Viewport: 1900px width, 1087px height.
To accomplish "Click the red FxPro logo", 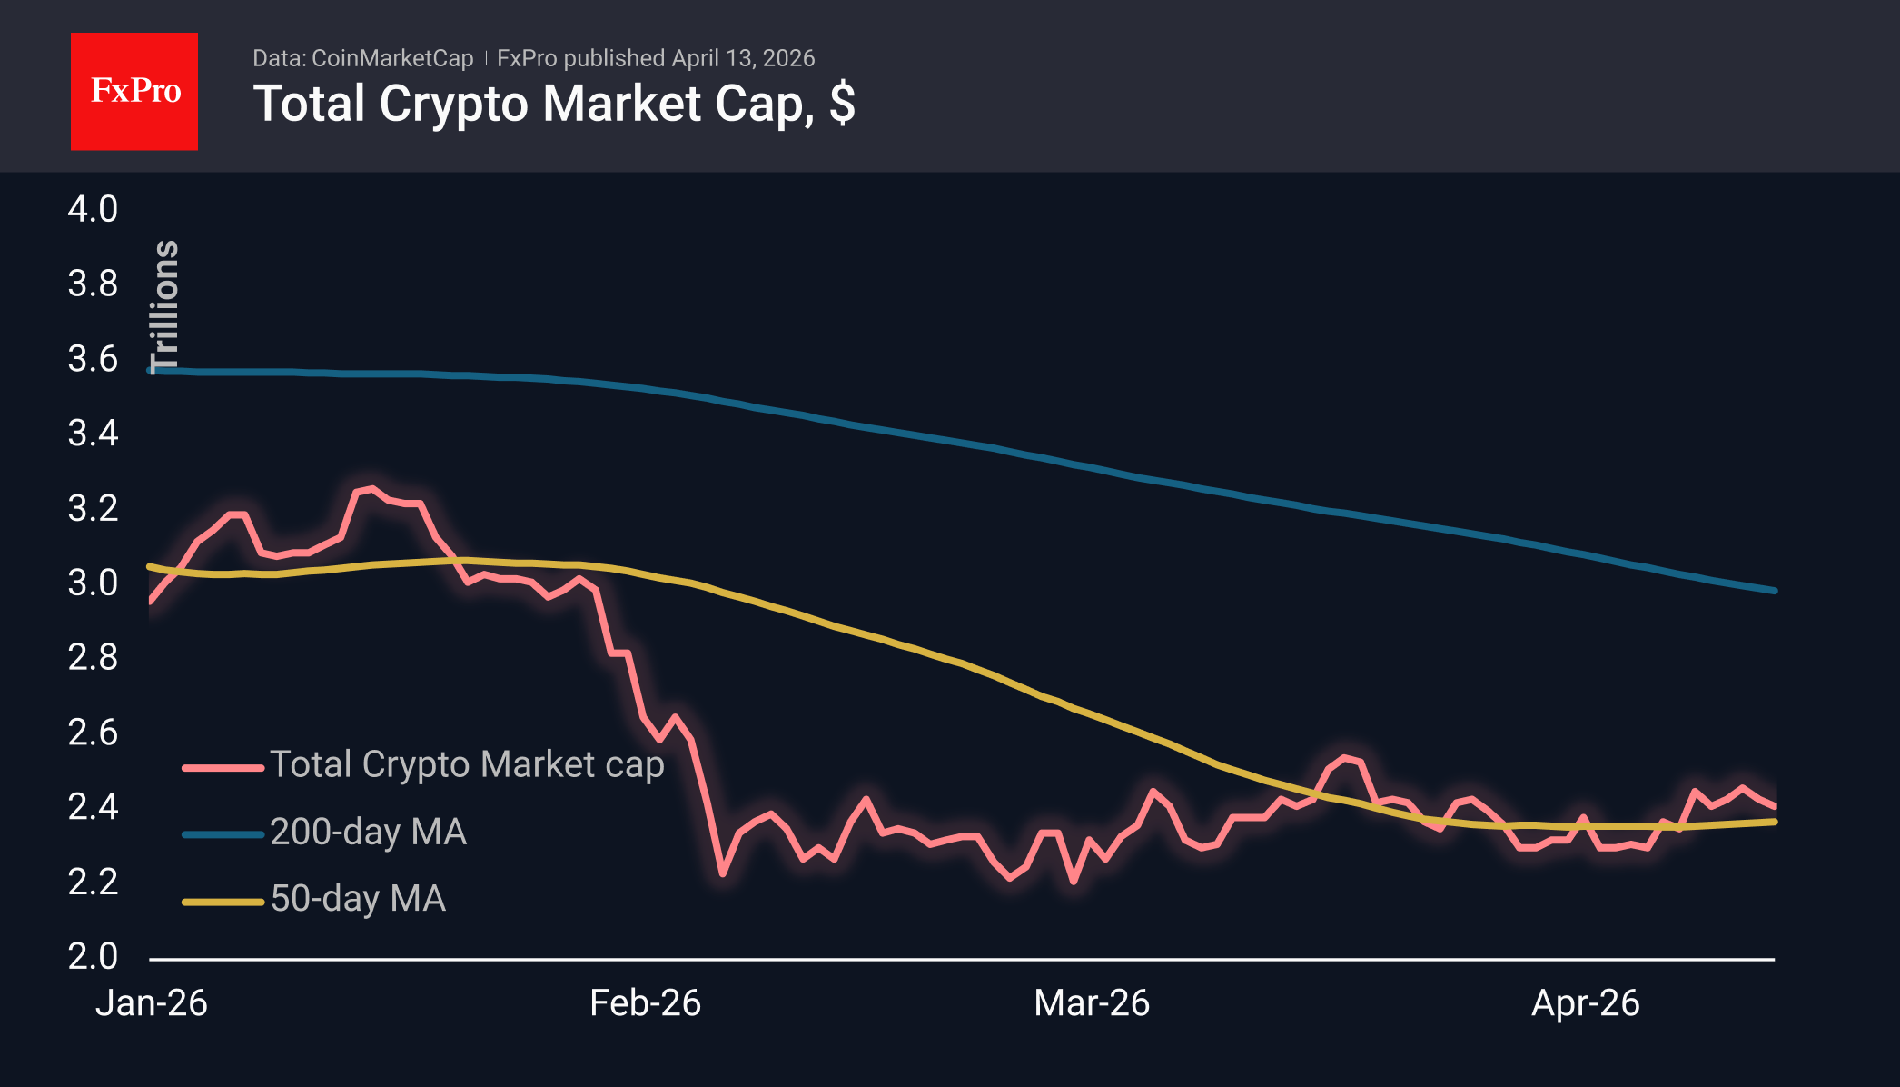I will [x=134, y=91].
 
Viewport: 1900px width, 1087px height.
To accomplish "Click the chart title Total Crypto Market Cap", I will [x=553, y=104].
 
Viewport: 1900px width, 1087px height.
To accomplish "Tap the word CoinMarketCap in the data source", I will [x=392, y=58].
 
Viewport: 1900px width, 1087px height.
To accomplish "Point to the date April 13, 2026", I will [x=743, y=58].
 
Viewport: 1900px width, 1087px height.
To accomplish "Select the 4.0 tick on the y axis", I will [x=93, y=209].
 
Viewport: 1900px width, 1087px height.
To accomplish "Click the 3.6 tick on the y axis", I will [x=93, y=359].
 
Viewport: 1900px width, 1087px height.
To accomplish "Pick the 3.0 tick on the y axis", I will [x=93, y=583].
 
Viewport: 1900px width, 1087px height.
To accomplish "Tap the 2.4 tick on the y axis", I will [x=93, y=806].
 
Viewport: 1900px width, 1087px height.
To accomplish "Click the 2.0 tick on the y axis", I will [x=93, y=956].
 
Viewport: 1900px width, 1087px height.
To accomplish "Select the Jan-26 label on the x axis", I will [x=152, y=1003].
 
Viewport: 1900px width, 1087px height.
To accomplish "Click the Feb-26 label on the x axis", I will [x=645, y=1003].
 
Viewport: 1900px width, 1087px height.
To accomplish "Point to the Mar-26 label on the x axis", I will [x=1092, y=1003].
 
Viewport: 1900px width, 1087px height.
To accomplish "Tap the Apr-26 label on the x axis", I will [x=1585, y=1003].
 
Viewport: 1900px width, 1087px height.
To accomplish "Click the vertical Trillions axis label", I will [x=165, y=306].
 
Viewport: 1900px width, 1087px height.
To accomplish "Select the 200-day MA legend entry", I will [x=368, y=832].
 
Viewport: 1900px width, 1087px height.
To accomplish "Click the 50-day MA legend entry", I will [x=358, y=899].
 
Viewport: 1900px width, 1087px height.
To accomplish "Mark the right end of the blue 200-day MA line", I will [x=1774, y=591].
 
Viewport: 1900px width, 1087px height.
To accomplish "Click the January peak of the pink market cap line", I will [x=371, y=489].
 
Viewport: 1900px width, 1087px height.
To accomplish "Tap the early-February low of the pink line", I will [x=723, y=873].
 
